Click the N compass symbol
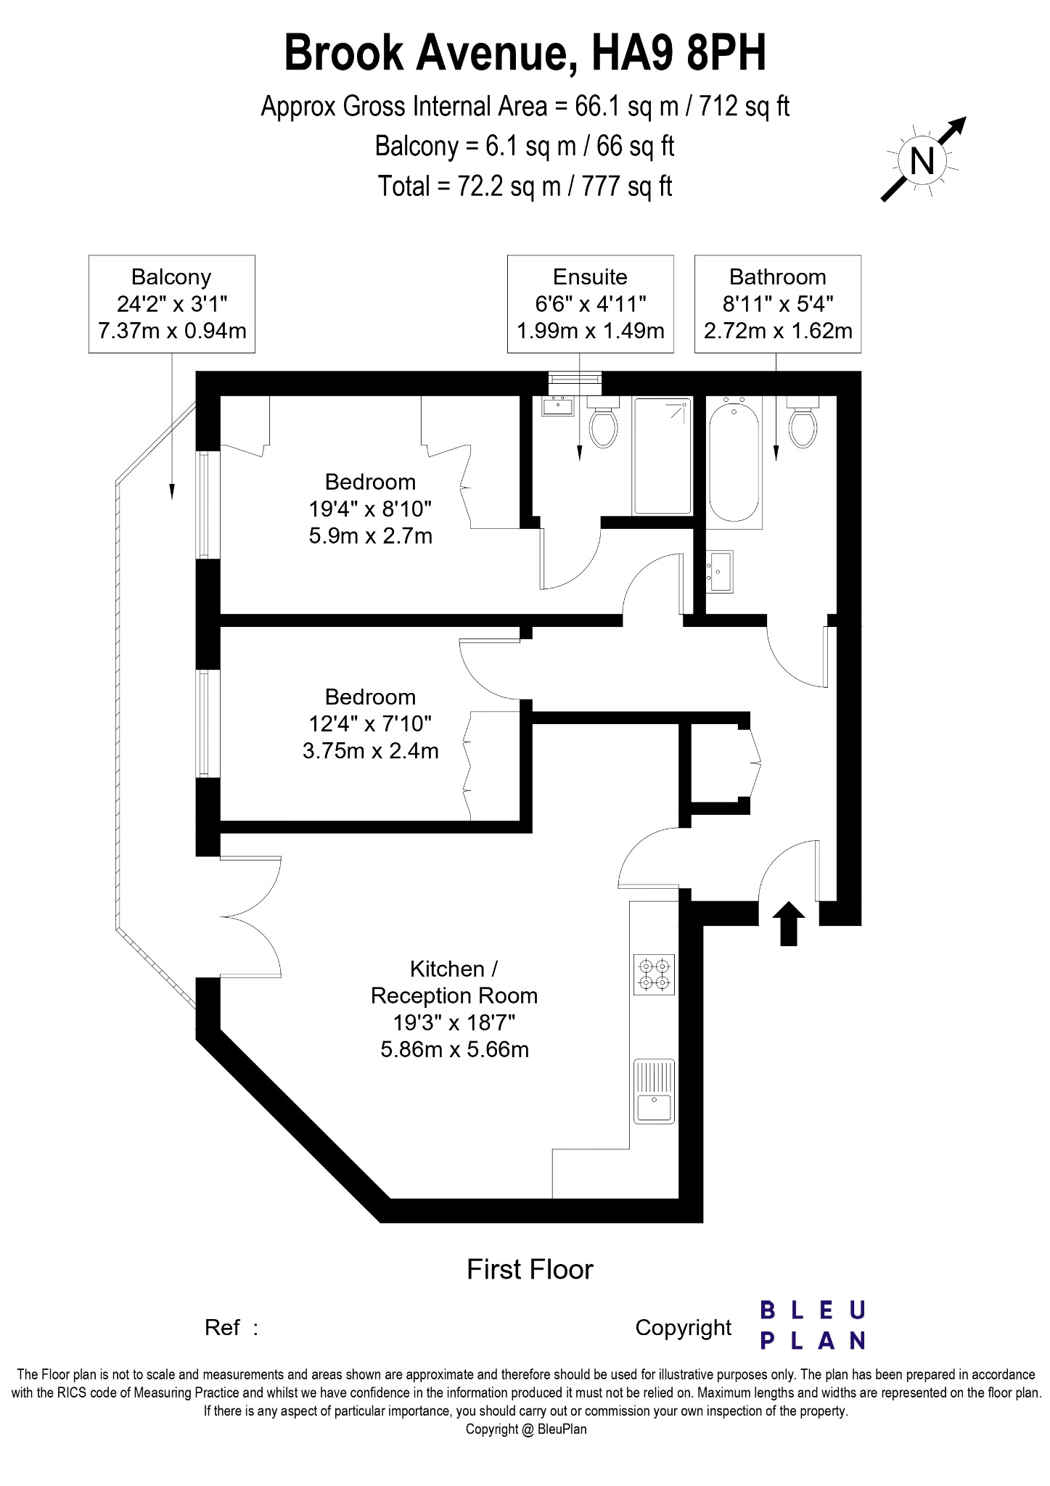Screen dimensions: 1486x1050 (x=922, y=160)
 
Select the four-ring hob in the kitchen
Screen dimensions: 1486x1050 (x=654, y=974)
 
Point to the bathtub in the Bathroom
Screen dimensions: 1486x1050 (x=734, y=461)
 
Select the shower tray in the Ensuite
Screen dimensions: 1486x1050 (x=662, y=455)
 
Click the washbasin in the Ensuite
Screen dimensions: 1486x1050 (x=558, y=406)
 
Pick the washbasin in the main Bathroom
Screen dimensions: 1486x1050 (x=719, y=571)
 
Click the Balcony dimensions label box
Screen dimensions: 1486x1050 (x=172, y=304)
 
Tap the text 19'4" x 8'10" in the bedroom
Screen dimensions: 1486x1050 (x=370, y=509)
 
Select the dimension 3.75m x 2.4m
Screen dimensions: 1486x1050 (x=370, y=751)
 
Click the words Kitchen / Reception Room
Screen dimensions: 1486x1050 (x=454, y=982)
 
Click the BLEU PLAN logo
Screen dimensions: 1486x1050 (x=813, y=1325)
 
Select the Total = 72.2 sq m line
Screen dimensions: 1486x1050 (x=525, y=186)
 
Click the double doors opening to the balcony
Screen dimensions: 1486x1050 (x=250, y=917)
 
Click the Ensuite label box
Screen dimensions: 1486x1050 (x=590, y=304)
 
